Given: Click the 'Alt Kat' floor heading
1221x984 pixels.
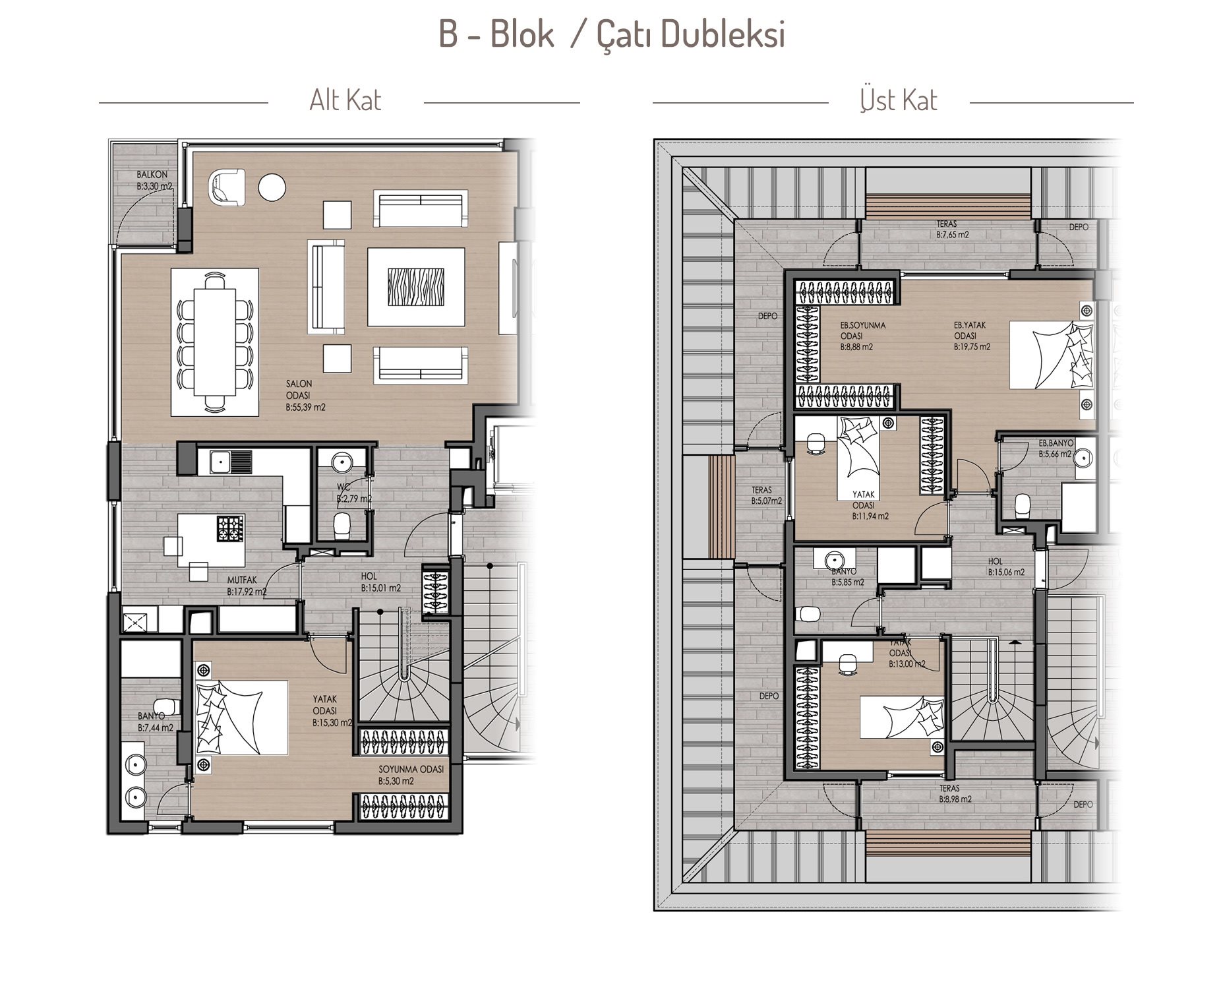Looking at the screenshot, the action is tap(345, 100).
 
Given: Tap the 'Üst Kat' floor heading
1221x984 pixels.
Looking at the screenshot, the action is tap(899, 100).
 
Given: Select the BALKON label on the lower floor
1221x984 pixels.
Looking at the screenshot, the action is tap(152, 175).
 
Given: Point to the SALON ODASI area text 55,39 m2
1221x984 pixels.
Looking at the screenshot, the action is tap(306, 408).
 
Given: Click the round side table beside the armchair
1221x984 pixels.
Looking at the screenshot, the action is tap(272, 187).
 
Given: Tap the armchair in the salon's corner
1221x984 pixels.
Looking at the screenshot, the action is tap(226, 185).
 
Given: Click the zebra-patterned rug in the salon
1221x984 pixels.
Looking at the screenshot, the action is tap(415, 287).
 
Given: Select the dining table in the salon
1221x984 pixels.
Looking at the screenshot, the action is tap(214, 342).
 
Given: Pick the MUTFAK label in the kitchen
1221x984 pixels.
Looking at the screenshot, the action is tap(242, 580).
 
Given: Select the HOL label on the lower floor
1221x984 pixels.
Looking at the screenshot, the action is tap(369, 576).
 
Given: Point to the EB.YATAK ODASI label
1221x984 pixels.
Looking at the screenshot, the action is tap(967, 330).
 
